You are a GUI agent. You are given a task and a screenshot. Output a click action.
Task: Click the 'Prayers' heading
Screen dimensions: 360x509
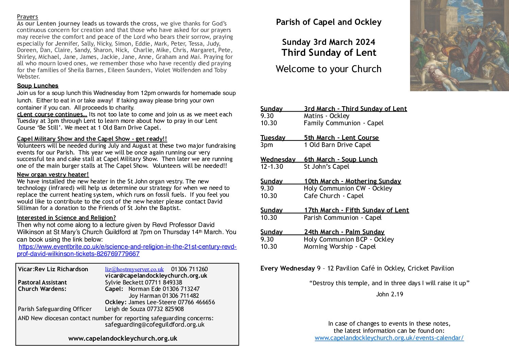(27, 17)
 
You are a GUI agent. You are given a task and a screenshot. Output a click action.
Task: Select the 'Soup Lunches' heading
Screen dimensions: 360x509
(37, 86)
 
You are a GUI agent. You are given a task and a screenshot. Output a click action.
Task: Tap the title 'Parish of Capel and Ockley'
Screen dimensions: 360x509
(328, 22)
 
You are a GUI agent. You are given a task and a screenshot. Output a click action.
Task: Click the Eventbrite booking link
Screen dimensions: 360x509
(127, 250)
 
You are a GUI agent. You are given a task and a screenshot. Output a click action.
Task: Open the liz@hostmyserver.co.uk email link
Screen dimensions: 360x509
(134, 269)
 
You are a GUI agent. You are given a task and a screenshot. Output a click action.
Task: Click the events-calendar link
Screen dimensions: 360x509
(389, 338)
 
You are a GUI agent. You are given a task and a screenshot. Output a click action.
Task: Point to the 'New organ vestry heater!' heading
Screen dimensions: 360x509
(53, 175)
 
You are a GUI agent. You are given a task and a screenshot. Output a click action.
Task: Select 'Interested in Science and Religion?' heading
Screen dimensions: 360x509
(66, 218)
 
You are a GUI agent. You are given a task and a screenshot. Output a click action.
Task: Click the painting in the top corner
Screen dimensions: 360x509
(459, 45)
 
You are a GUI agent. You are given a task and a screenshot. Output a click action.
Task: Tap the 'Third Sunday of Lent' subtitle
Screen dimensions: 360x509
(329, 53)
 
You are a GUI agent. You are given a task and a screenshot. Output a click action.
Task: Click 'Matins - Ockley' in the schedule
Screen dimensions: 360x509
(326, 116)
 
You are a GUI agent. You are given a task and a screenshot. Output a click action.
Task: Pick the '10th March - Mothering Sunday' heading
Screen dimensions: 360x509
(352, 181)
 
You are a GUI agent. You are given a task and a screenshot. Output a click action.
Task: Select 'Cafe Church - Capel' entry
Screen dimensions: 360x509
(333, 196)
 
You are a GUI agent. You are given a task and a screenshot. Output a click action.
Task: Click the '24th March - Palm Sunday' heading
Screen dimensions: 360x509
(344, 232)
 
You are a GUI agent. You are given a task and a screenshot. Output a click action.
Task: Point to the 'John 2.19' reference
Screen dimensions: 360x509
(389, 294)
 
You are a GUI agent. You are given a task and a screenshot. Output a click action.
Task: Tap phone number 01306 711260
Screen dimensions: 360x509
(189, 269)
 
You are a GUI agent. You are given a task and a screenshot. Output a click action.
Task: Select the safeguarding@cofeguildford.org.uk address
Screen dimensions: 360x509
(155, 325)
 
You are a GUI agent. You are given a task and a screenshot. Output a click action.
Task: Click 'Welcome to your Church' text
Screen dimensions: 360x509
(328, 69)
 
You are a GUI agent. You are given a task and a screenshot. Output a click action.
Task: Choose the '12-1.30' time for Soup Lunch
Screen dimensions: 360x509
(272, 167)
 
